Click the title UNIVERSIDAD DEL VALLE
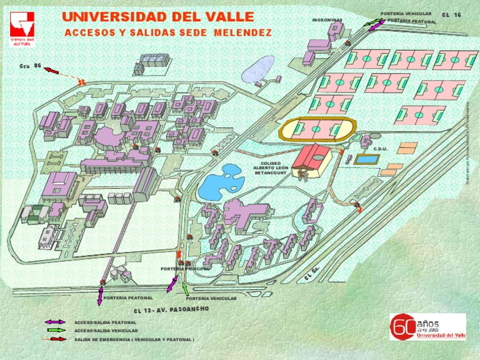(x=157, y=16)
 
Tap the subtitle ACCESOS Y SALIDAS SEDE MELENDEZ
(x=167, y=32)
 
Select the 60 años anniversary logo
(x=427, y=326)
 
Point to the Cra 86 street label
(x=30, y=66)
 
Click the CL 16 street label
(x=451, y=14)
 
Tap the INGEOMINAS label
(x=327, y=20)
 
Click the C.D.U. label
(x=381, y=149)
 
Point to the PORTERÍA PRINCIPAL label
(x=186, y=268)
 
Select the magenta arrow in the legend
(x=55, y=322)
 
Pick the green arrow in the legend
(x=55, y=330)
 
